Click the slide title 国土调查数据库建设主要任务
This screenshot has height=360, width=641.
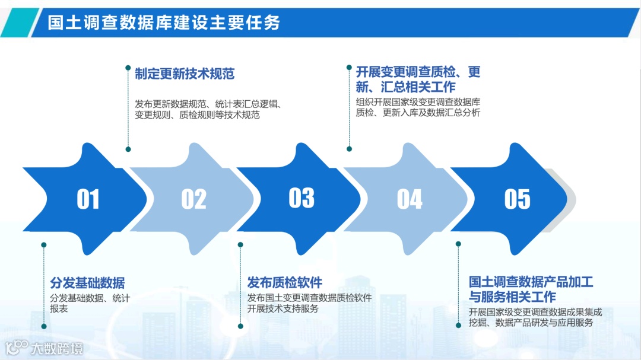tap(163, 23)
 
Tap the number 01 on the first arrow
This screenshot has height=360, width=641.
tap(88, 200)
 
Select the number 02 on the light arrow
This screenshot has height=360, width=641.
tap(193, 200)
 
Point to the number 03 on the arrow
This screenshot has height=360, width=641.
tap(302, 198)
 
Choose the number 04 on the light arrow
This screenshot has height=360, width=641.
tap(410, 200)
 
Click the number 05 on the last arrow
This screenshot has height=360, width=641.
tap(517, 200)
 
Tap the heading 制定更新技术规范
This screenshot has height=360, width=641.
tap(185, 74)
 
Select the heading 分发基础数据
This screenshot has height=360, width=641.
tap(87, 283)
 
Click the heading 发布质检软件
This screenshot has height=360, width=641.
tap(284, 282)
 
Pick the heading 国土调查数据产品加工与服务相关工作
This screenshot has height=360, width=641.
tap(531, 289)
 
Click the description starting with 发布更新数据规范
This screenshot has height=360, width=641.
tap(208, 109)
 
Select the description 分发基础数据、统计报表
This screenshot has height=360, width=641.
tap(90, 303)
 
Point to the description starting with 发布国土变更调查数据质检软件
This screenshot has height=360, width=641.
tap(309, 303)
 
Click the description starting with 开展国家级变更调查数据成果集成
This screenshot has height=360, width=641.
tap(535, 317)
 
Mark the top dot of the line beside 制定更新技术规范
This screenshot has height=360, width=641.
tap(128, 68)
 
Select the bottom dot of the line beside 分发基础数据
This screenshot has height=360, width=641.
tap(43, 325)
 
